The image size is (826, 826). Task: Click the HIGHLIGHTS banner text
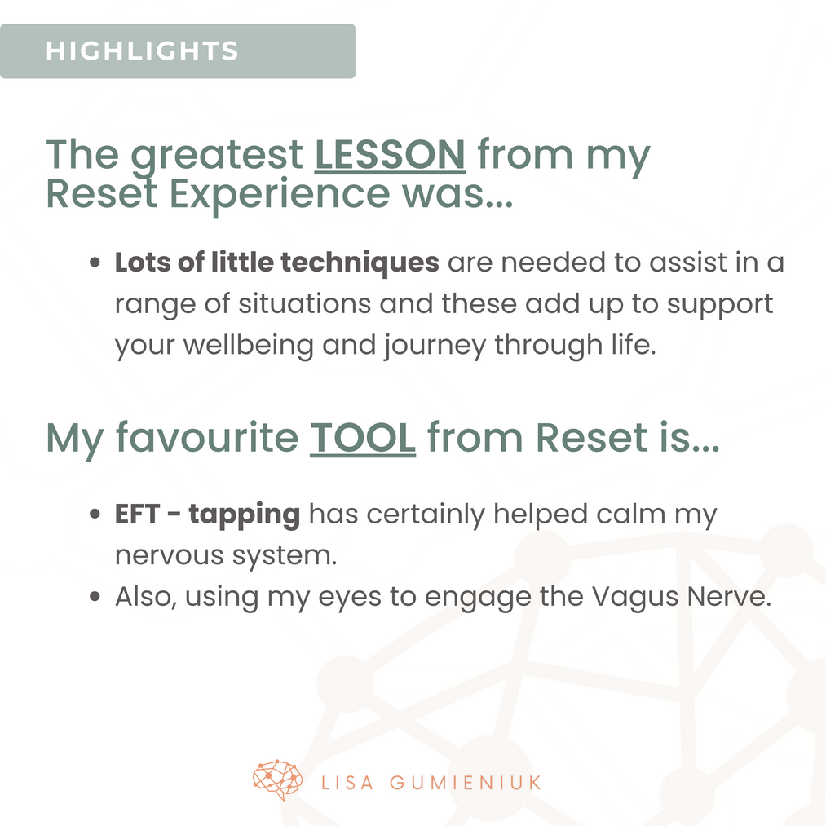tap(142, 51)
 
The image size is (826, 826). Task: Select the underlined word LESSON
tap(390, 155)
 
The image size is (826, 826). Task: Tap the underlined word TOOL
tap(362, 439)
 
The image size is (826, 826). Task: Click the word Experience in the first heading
tap(280, 194)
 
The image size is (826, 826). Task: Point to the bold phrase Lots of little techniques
tap(277, 263)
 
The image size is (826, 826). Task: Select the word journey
tap(435, 346)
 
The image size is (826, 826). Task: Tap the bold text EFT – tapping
tap(208, 515)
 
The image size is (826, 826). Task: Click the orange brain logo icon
tap(277, 780)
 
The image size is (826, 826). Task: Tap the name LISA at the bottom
tap(347, 783)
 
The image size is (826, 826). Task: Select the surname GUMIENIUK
tap(465, 783)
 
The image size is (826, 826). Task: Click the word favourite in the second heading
tap(207, 437)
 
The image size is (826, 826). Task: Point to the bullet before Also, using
tap(95, 596)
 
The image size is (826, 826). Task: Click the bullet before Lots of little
tap(95, 263)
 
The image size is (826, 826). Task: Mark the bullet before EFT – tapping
tap(95, 514)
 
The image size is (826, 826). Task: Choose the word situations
tap(304, 304)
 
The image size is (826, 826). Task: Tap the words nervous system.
tap(226, 556)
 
